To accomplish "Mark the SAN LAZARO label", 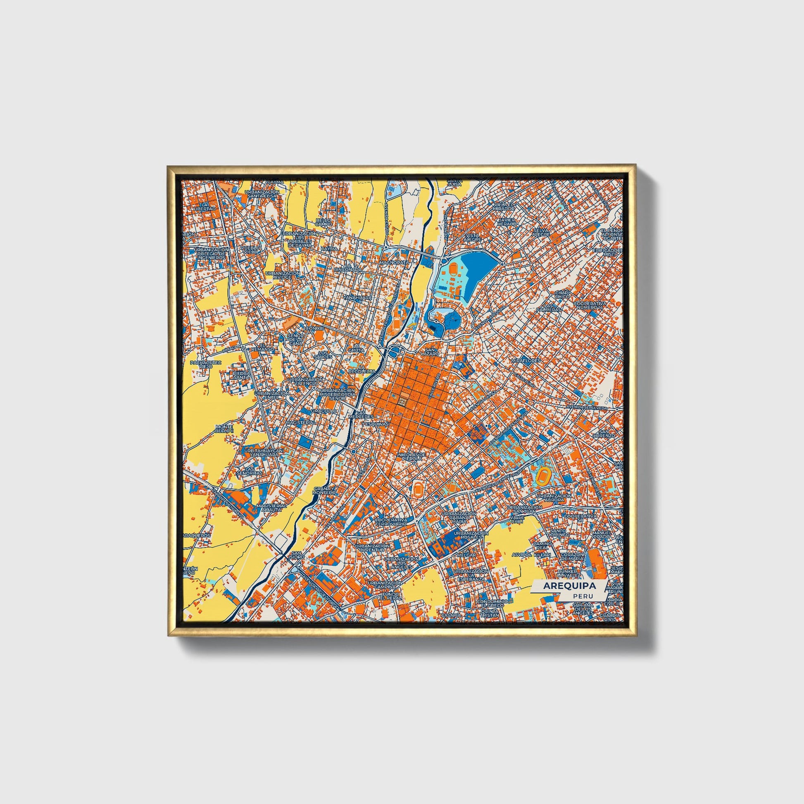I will tap(430, 352).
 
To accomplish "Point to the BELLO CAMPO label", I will tap(324, 222).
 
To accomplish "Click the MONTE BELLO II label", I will tap(225, 429).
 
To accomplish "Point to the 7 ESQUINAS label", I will tap(376, 424).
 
